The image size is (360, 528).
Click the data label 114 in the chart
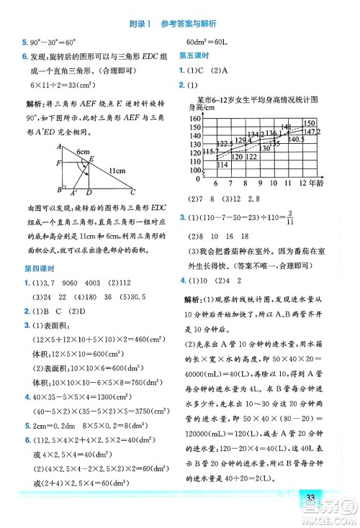click(222, 165)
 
